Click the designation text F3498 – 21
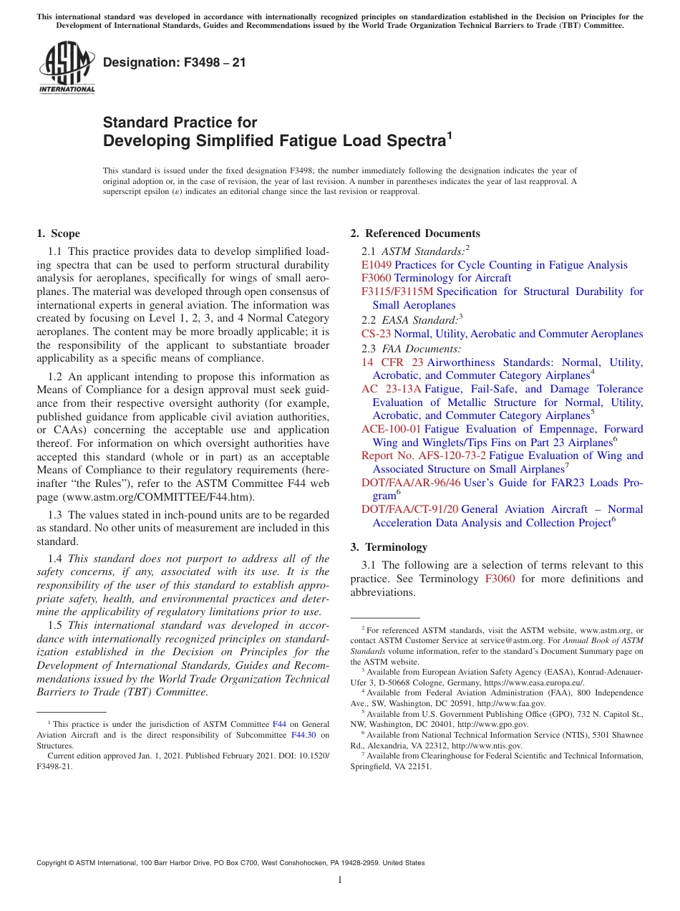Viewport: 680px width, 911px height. pyautogui.click(x=175, y=62)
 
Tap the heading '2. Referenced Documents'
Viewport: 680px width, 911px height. pyautogui.click(x=415, y=233)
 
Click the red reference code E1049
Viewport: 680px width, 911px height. pyautogui.click(x=377, y=265)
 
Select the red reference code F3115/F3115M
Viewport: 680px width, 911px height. pyautogui.click(x=397, y=291)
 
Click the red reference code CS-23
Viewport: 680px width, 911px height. pyautogui.click(x=376, y=334)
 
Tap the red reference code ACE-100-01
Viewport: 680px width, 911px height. pyautogui.click(x=391, y=429)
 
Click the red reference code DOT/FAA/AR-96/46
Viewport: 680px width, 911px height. pyautogui.click(x=411, y=483)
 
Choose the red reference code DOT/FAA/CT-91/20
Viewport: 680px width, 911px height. pyautogui.click(x=410, y=509)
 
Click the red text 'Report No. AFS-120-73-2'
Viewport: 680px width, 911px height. pyautogui.click(x=424, y=455)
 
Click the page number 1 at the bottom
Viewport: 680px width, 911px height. pyautogui.click(x=340, y=880)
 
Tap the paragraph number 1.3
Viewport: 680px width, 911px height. pyautogui.click(x=55, y=515)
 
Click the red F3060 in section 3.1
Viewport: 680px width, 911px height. pyautogui.click(x=500, y=579)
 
